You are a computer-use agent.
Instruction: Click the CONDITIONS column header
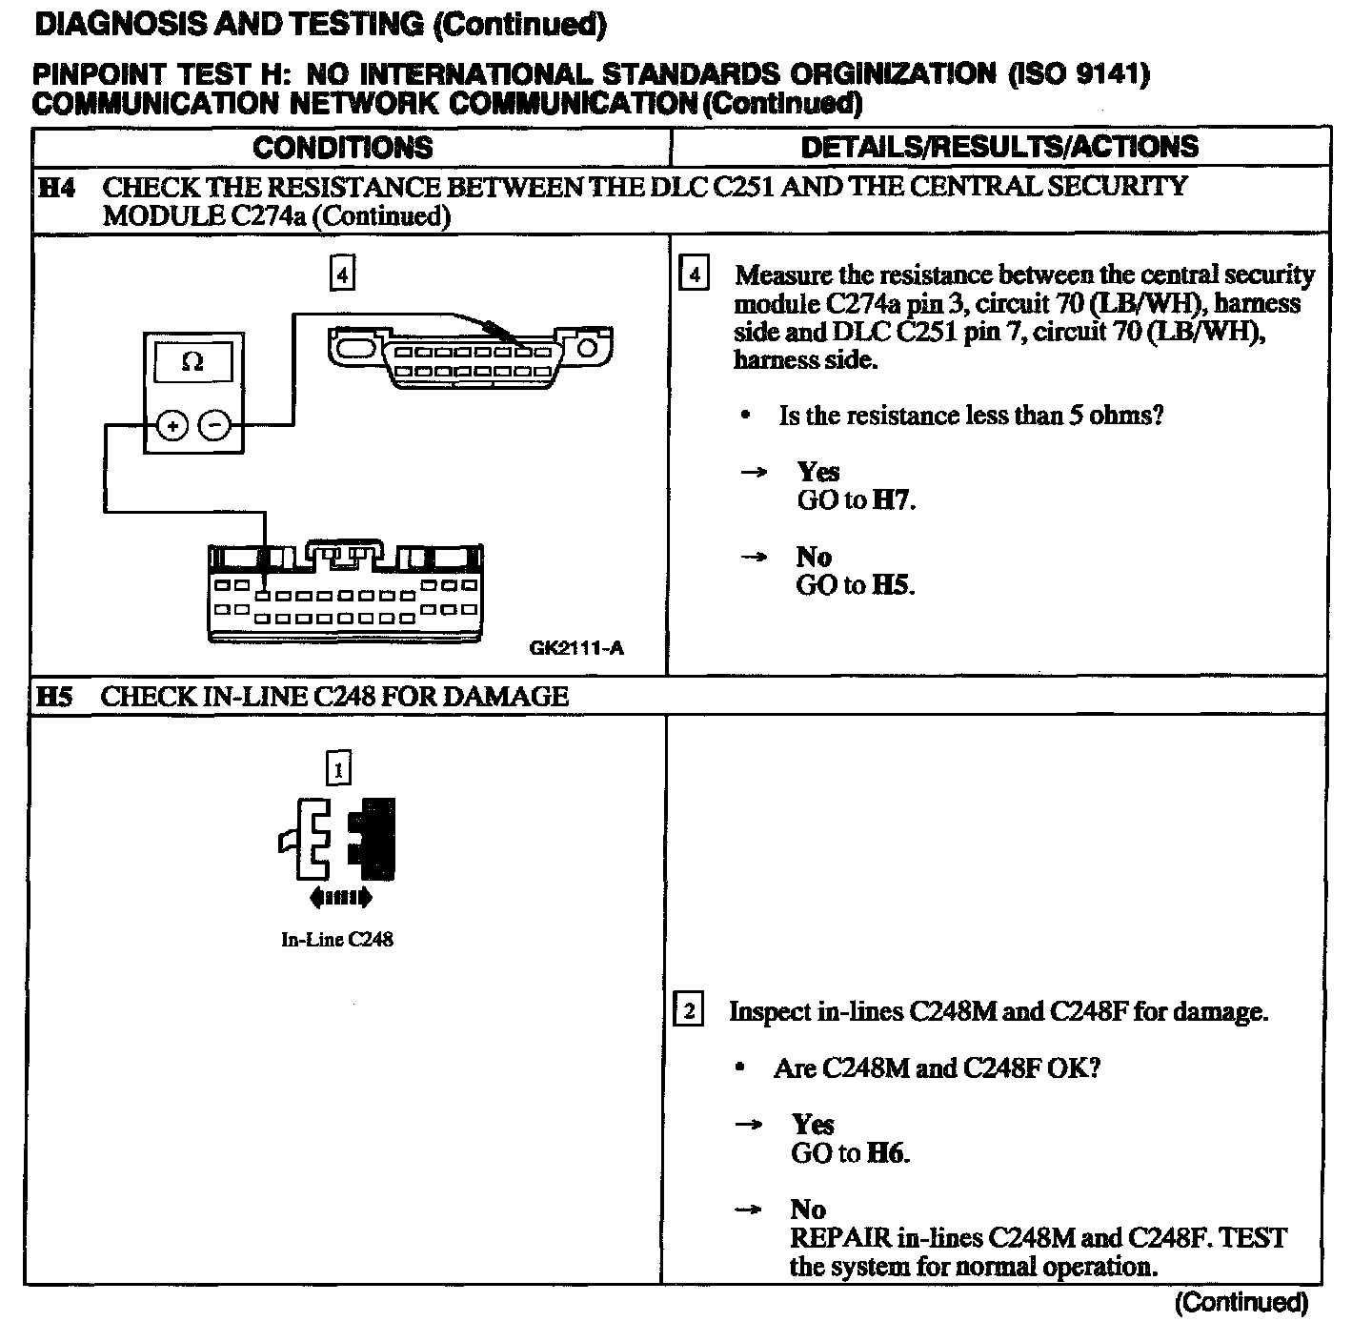[x=343, y=147]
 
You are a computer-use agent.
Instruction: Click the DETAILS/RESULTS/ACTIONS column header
[x=999, y=147]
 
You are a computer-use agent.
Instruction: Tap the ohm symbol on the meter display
[x=192, y=362]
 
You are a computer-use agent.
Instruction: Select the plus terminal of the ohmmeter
[x=171, y=426]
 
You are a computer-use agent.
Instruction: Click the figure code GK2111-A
[x=576, y=649]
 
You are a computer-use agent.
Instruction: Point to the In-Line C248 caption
[x=337, y=940]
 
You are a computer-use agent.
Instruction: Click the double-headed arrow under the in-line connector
[x=340, y=897]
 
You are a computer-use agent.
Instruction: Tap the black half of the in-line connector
[x=373, y=839]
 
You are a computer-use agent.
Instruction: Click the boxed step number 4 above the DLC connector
[x=342, y=274]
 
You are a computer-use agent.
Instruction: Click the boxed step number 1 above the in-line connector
[x=338, y=768]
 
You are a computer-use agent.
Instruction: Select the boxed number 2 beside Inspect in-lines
[x=689, y=1010]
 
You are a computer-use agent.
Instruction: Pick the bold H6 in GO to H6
[x=886, y=1153]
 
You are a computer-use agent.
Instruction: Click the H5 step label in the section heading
[x=54, y=697]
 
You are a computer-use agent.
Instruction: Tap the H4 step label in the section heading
[x=56, y=188]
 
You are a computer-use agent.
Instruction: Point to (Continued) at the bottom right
[x=1241, y=1303]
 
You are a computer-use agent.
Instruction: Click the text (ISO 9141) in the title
[x=1078, y=75]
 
